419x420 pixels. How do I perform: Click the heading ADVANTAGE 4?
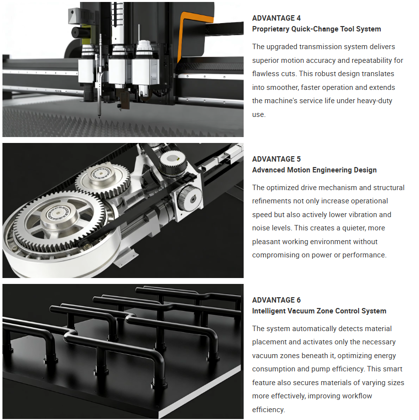pyautogui.click(x=276, y=18)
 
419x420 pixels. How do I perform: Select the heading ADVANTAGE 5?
pyautogui.click(x=276, y=159)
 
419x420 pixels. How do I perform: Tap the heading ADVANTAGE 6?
pyautogui.click(x=276, y=300)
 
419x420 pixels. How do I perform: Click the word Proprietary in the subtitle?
pyautogui.click(x=271, y=29)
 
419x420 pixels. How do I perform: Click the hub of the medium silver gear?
pyautogui.click(x=101, y=173)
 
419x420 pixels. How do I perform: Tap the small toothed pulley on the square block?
pyautogui.click(x=190, y=198)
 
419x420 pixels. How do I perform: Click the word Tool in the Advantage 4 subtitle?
pyautogui.click(x=347, y=29)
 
